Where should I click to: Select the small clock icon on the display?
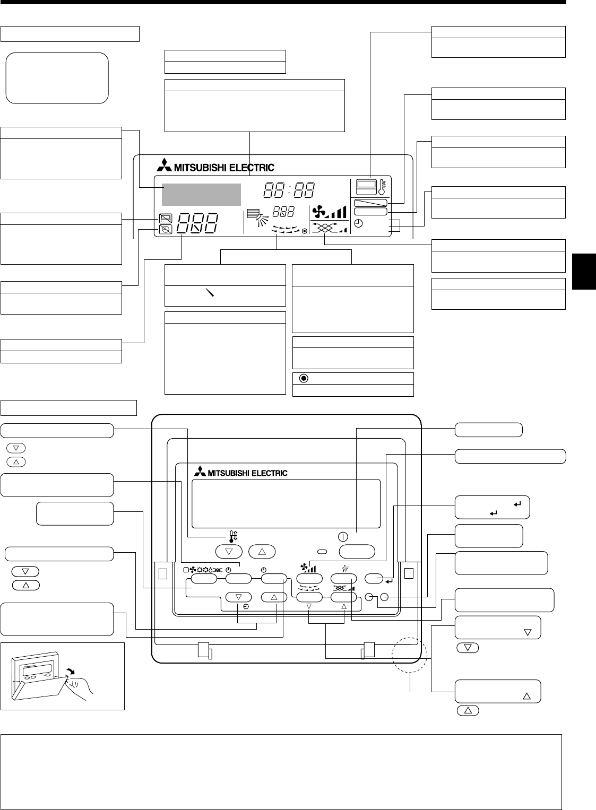tap(359, 224)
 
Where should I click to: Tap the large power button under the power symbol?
tap(357, 551)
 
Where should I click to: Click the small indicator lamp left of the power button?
tap(322, 552)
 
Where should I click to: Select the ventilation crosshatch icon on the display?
tap(325, 229)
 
